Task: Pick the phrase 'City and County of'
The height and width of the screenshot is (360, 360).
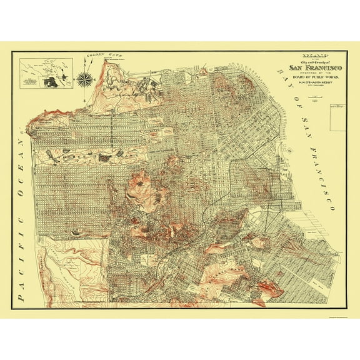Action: [x=310, y=61]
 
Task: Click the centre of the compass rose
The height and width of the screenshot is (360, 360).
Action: [x=84, y=79]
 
